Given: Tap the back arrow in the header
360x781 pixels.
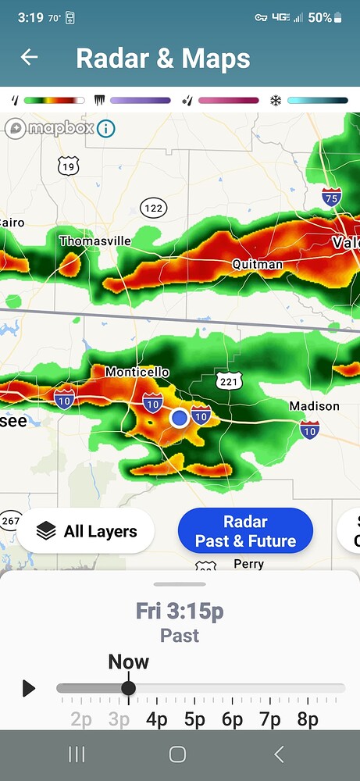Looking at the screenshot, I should pos(30,57).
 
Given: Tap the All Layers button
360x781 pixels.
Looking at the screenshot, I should pos(86,531).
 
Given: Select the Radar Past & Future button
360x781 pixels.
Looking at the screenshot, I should pos(245,531).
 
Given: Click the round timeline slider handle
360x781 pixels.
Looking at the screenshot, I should pos(129,688).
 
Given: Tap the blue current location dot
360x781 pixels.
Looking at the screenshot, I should pos(180,418).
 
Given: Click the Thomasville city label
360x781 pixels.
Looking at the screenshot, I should pos(95,241).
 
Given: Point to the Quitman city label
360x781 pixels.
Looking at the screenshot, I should pos(257,264).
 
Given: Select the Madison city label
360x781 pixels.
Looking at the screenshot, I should pos(314,405).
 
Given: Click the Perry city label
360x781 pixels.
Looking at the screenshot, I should pos(248,564).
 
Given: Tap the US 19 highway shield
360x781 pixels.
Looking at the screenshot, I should pos(68,166).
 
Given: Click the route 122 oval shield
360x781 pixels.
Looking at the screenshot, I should pos(154,207).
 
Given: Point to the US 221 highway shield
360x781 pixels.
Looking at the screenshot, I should pos(229,381).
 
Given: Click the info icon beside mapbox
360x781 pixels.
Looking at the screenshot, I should pos(105,128).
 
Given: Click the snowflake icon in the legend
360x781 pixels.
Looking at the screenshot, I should pos(276,100).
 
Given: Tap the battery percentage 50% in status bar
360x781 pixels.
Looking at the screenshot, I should pos(319,17).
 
